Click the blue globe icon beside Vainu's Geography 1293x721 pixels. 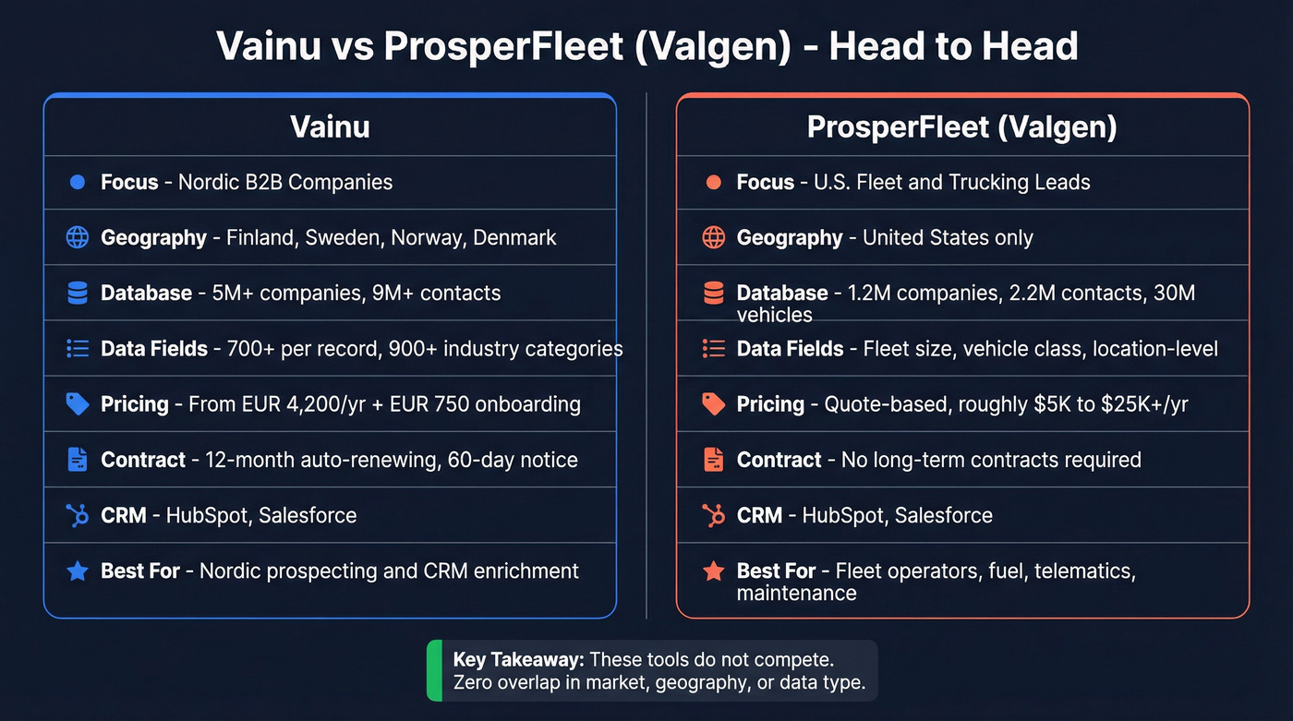pyautogui.click(x=78, y=237)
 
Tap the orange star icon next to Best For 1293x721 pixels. pyautogui.click(x=713, y=571)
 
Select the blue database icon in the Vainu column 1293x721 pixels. pyautogui.click(x=78, y=293)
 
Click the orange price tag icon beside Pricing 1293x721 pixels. pyautogui.click(x=713, y=403)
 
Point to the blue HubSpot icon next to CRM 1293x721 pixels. pyautogui.click(x=78, y=515)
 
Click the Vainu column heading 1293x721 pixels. pyautogui.click(x=330, y=126)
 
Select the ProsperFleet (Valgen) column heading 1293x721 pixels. pyautogui.click(x=961, y=126)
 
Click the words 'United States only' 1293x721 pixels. pyautogui.click(x=948, y=237)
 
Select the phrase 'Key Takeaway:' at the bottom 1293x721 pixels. pyautogui.click(x=518, y=660)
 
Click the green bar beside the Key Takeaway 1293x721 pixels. pyautogui.click(x=434, y=671)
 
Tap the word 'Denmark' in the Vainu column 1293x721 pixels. pyautogui.click(x=514, y=237)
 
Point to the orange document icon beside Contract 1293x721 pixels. pyautogui.click(x=713, y=459)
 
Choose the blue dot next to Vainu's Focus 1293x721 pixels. pyautogui.click(x=78, y=182)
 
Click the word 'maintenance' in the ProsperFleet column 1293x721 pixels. pyautogui.click(x=796, y=593)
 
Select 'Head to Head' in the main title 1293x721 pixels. pyautogui.click(x=953, y=46)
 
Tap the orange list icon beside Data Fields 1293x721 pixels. pyautogui.click(x=713, y=348)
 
